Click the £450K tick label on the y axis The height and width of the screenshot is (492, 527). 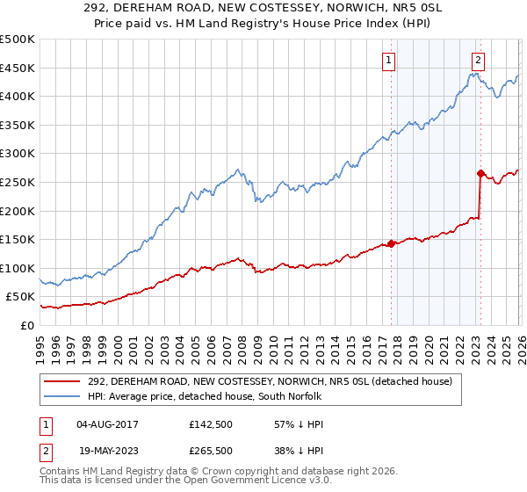coord(18,68)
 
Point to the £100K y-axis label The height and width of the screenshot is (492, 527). coord(18,268)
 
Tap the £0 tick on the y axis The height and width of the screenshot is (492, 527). coord(27,325)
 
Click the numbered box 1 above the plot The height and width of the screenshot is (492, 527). coord(388,61)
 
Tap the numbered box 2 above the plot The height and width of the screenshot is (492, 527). coord(478,61)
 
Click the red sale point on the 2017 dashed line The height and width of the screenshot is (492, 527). coord(391,244)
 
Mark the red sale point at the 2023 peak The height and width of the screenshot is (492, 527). coord(480,173)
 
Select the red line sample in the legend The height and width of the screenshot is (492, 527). coord(63,381)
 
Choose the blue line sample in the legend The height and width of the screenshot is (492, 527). coord(63,397)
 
